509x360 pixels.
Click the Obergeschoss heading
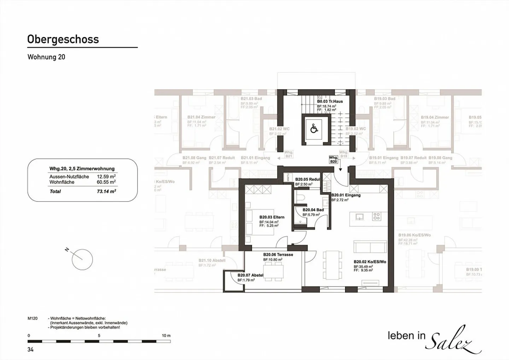[63, 39]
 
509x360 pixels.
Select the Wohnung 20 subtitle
[46, 57]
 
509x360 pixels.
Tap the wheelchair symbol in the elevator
[314, 128]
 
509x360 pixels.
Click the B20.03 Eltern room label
[271, 217]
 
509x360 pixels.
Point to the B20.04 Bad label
[313, 210]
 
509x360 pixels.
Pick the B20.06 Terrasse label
[278, 254]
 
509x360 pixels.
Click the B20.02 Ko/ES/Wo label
[370, 262]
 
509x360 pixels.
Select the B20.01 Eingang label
[346, 195]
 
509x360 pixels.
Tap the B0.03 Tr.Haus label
[329, 101]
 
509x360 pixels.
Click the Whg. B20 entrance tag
[333, 159]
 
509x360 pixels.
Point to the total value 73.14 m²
[107, 191]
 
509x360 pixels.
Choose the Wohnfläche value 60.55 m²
[106, 182]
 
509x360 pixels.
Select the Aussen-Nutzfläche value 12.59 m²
[106, 176]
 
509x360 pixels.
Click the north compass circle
[82, 259]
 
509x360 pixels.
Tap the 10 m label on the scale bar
[166, 335]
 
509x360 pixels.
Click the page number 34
[30, 349]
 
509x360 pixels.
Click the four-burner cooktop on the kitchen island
[376, 216]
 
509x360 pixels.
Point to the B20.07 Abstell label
[250, 275]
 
